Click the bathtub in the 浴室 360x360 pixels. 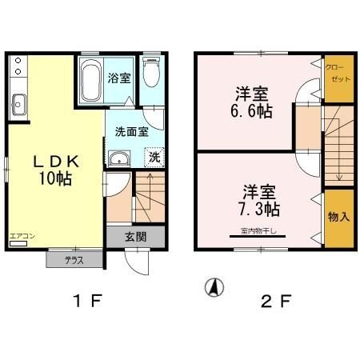tap(91, 80)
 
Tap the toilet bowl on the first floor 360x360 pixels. tap(151, 72)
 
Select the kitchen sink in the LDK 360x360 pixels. tap(18, 105)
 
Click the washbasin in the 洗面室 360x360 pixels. tap(119, 158)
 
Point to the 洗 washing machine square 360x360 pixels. tap(154, 158)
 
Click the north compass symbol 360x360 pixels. tap(214, 288)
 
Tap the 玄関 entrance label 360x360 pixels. tap(136, 237)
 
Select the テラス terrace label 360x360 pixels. tap(74, 260)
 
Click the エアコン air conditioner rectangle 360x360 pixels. tap(18, 243)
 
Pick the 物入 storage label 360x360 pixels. tap(338, 217)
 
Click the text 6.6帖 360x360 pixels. tap(251, 111)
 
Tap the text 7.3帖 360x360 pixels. tap(259, 209)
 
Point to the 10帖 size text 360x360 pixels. tap(55, 178)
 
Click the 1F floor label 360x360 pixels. tap(88, 301)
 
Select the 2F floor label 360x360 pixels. tap(276, 301)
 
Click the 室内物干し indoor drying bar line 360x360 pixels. tap(258, 236)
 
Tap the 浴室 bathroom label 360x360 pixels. tap(119, 78)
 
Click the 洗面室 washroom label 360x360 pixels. tap(131, 132)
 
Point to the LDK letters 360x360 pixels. tap(56, 162)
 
